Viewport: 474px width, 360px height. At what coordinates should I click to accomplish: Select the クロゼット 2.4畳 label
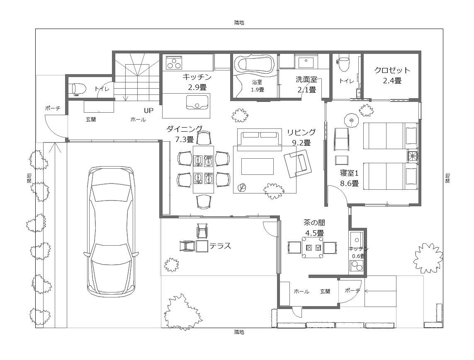(392, 75)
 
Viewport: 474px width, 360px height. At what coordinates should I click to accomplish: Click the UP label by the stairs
(148, 111)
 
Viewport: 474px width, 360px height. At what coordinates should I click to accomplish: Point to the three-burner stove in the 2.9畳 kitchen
(174, 63)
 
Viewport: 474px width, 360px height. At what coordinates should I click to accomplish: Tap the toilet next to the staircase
(77, 89)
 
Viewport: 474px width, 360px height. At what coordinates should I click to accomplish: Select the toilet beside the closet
(344, 63)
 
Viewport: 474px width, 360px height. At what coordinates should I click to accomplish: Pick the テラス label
(220, 246)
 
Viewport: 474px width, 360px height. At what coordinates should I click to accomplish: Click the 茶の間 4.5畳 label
(314, 228)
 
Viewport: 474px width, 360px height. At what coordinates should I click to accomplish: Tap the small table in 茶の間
(312, 247)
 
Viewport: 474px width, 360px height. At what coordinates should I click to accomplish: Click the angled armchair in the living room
(298, 164)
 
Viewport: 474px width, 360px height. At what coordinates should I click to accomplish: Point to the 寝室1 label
(349, 173)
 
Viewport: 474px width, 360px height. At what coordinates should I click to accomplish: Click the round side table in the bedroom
(351, 120)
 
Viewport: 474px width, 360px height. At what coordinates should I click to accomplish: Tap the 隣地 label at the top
(239, 23)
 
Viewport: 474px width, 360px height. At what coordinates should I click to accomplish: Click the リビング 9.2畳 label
(301, 137)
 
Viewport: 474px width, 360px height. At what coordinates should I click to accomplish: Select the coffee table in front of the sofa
(257, 167)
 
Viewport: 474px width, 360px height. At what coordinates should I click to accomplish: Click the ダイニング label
(185, 129)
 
